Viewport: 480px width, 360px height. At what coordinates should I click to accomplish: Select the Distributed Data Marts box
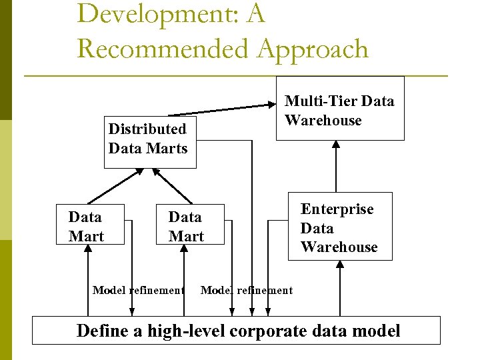point(148,139)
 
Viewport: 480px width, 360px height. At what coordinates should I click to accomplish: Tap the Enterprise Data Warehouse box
point(339,227)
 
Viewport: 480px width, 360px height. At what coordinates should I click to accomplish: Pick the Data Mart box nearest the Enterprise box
point(186,226)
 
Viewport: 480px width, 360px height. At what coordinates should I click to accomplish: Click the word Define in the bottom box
point(101,330)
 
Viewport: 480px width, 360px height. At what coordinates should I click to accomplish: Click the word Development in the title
point(153,13)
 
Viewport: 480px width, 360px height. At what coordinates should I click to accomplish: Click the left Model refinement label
point(138,290)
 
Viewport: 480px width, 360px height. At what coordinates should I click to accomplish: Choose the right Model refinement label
point(246,290)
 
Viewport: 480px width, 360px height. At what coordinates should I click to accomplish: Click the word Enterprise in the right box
point(337,209)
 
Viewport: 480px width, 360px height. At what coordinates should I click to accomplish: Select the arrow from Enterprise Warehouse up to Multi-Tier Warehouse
point(336,166)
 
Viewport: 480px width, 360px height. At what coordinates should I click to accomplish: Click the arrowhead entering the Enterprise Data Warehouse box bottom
point(341,265)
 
